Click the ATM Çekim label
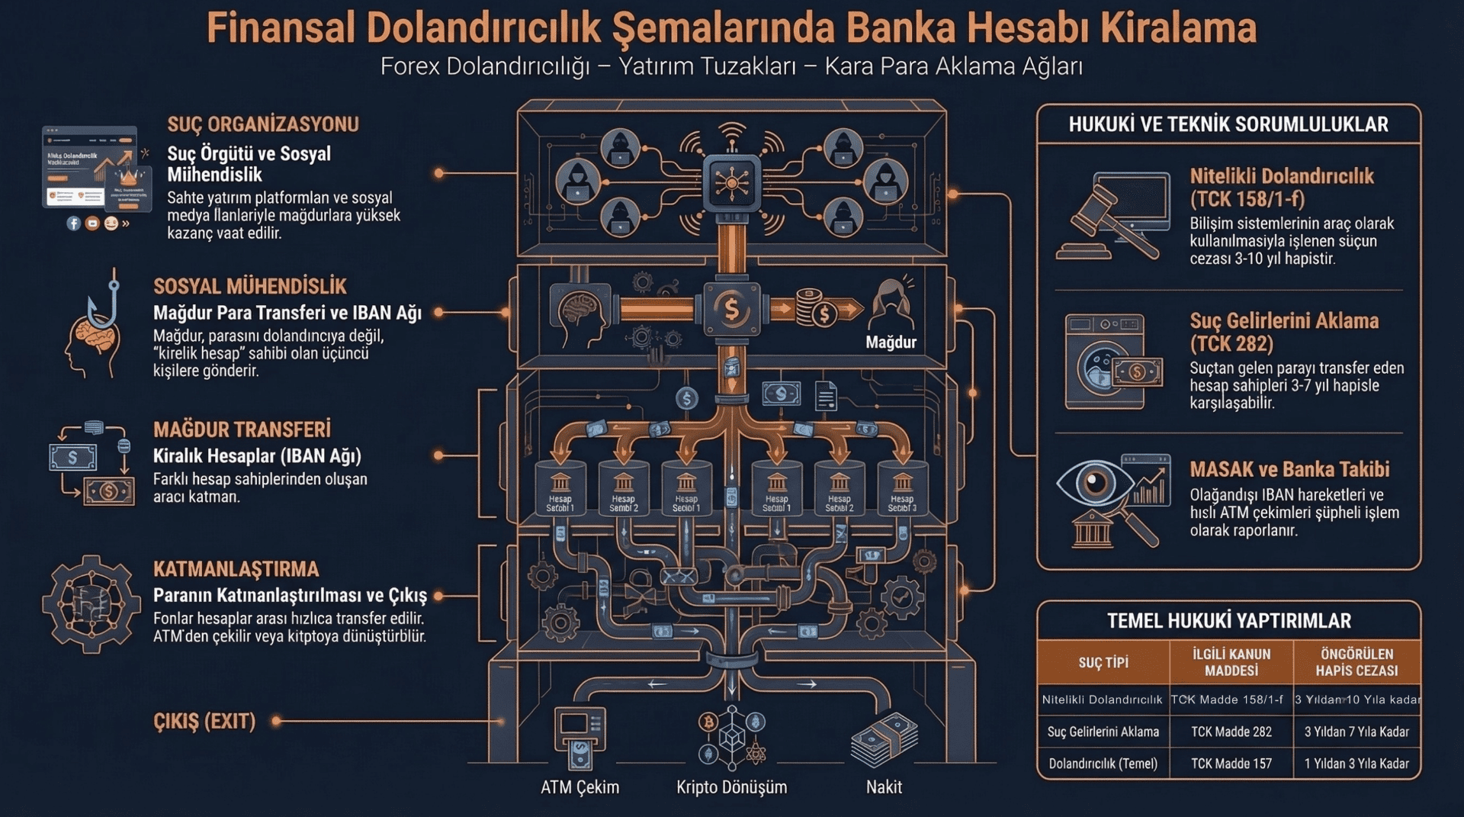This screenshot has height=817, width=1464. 579,787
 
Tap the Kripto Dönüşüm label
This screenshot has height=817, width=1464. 731,787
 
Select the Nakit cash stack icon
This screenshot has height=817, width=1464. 884,739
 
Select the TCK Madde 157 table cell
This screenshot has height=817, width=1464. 1231,764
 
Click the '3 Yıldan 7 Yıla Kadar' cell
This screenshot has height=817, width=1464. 1356,732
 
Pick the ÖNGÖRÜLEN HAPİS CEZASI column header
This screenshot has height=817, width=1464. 1356,662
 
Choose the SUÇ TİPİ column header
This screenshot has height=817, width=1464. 1103,662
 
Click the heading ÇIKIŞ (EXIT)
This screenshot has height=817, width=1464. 204,721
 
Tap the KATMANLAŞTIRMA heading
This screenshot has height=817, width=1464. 236,569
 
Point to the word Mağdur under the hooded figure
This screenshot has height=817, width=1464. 891,343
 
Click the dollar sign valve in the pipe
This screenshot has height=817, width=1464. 731,309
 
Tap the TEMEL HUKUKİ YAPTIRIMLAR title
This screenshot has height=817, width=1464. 1228,621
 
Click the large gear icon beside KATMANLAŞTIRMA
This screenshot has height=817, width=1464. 91,603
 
